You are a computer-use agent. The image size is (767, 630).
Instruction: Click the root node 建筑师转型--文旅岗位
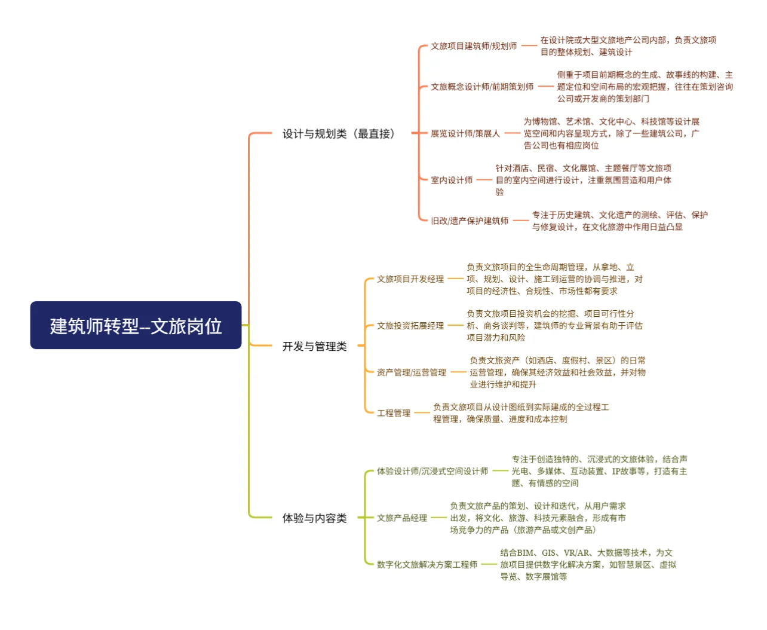click(x=136, y=325)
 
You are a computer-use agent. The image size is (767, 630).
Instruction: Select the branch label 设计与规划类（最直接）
click(x=339, y=133)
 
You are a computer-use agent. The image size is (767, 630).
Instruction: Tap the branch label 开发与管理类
click(x=314, y=346)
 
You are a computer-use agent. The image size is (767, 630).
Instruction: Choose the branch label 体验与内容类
click(x=314, y=518)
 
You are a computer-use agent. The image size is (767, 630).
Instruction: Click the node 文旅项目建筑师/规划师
click(x=474, y=46)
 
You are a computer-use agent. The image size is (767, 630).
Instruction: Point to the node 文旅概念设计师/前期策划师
click(x=482, y=87)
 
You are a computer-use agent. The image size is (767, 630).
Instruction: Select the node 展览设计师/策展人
click(x=465, y=133)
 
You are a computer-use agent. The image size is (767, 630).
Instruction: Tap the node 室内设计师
click(x=452, y=180)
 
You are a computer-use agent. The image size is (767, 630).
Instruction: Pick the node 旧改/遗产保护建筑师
click(x=470, y=221)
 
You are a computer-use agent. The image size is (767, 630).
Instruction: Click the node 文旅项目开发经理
click(x=410, y=279)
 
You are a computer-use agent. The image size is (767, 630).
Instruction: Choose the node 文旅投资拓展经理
click(x=410, y=326)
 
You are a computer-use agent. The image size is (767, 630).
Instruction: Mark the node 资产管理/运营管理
click(x=412, y=372)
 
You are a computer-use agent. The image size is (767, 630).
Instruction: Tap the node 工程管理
click(x=394, y=413)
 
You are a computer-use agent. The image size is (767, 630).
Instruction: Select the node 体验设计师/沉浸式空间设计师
click(x=432, y=471)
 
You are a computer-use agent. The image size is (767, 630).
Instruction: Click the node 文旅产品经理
click(x=402, y=518)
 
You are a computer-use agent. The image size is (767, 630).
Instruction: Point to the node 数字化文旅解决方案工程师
click(x=427, y=564)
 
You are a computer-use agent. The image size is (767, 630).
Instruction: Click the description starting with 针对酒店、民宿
click(x=583, y=180)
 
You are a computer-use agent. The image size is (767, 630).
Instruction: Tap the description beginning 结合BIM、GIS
click(x=588, y=564)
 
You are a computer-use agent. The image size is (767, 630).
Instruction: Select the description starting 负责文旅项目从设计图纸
click(x=521, y=413)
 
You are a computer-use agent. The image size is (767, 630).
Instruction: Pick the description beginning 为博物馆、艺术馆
click(x=611, y=133)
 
